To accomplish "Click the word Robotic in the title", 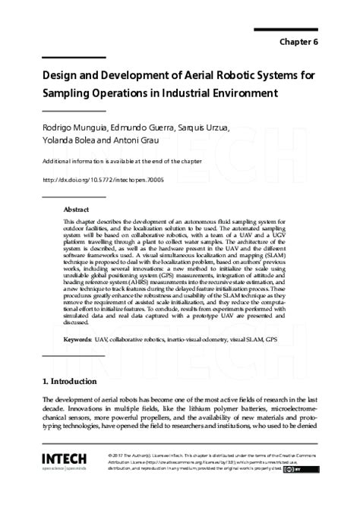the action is click(219, 77).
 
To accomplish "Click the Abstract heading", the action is click(76, 209).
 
